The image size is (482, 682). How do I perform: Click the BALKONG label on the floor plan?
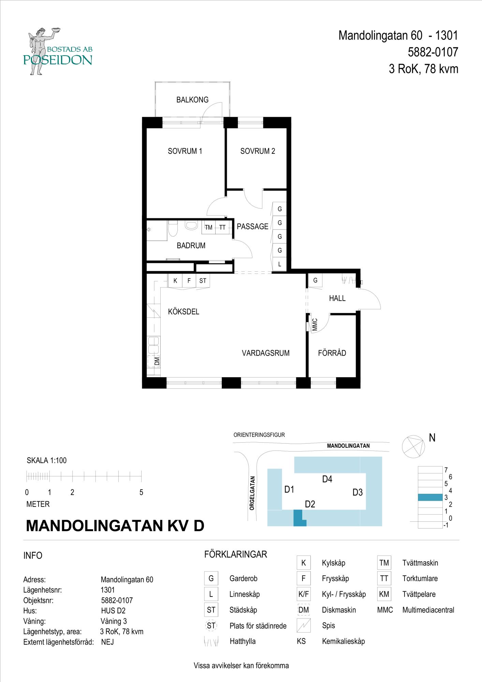pos(192,100)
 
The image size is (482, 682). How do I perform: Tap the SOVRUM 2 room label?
pos(258,151)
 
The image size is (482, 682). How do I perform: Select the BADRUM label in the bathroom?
pos(191,246)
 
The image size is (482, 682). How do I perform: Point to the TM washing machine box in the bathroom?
pos(208,227)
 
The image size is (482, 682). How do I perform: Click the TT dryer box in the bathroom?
pos(222,227)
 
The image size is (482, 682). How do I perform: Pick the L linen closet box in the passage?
pos(280,264)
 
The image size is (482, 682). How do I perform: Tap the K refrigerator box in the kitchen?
pos(175,281)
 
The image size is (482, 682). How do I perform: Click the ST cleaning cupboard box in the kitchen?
pos(203,281)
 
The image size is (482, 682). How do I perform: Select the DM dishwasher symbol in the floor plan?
pos(154,361)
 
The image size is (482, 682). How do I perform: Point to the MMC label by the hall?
pos(315,325)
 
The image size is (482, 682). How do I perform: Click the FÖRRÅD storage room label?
pos(332,353)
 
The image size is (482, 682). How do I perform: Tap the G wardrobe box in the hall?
pos(316,280)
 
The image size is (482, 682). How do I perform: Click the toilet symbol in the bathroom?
pos(173,228)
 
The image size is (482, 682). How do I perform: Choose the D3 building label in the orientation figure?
pos(357,492)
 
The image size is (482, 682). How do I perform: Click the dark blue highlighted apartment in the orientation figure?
pos(299,518)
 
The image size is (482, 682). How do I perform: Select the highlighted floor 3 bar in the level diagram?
pos(430,498)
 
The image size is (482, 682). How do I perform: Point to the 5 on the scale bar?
pos(141,493)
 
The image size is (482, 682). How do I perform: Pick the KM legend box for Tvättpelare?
pos(384,594)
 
